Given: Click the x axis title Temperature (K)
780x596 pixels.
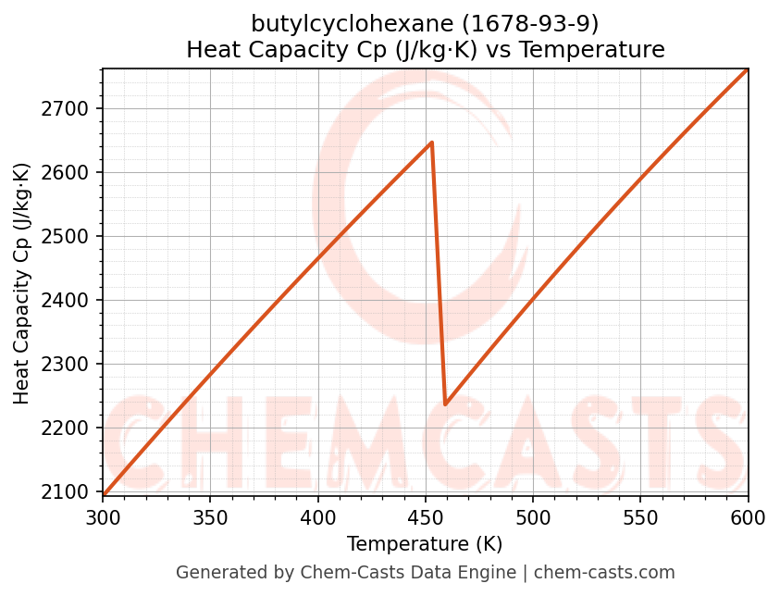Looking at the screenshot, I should [425, 544].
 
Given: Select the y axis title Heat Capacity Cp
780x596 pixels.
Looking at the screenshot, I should [22, 282].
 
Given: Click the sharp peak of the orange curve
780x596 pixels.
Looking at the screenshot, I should [431, 143].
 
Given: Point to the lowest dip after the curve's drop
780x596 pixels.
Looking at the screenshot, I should [445, 404].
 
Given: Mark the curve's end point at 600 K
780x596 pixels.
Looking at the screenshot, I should [747, 69].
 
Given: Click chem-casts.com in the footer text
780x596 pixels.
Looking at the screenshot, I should [604, 573].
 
